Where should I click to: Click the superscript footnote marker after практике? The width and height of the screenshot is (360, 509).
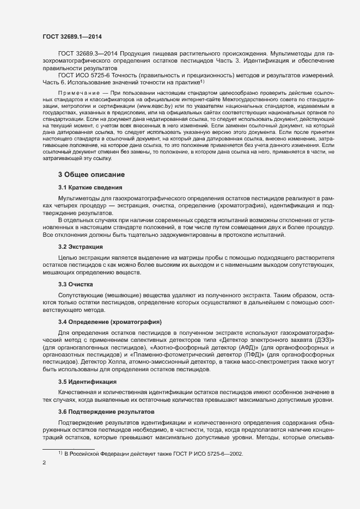[202, 81]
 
